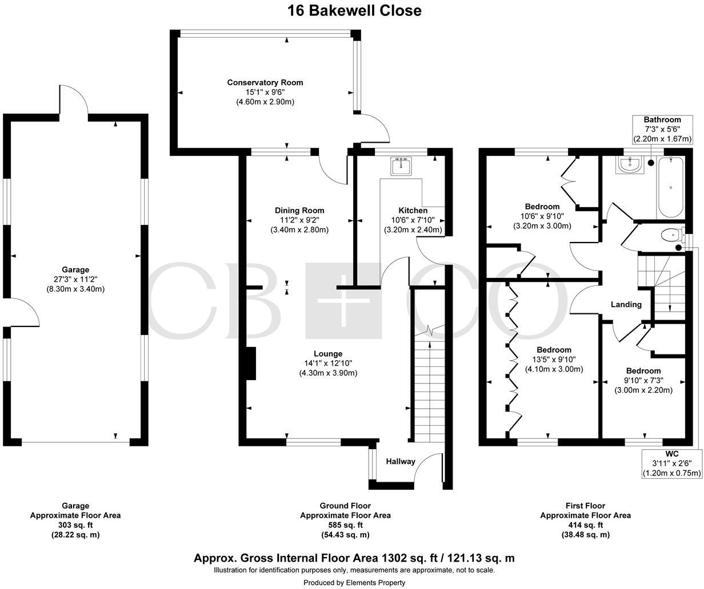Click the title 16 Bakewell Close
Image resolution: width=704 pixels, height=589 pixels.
point(354,10)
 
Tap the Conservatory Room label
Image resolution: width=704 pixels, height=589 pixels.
point(265,83)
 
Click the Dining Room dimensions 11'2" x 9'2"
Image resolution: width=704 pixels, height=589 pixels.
point(299,220)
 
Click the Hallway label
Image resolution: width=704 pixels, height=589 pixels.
point(400,461)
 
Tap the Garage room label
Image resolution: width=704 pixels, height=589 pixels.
point(75,270)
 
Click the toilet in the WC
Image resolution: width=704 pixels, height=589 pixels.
point(672,235)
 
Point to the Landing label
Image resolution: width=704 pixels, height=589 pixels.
point(626,305)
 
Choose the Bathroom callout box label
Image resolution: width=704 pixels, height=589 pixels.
point(662,120)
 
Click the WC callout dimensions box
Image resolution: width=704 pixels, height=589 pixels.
point(671,463)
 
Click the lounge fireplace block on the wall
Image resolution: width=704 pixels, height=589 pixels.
point(251,364)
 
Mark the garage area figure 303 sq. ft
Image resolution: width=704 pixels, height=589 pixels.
point(75,525)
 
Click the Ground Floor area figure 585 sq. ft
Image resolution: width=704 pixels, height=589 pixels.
point(345,525)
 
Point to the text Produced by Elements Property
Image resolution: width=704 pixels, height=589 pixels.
point(354,583)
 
